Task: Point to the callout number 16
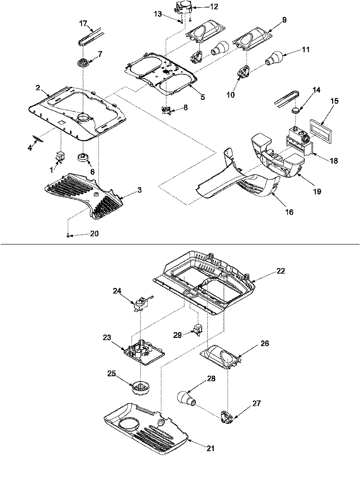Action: [x=289, y=211]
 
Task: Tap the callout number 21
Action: [x=211, y=449]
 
